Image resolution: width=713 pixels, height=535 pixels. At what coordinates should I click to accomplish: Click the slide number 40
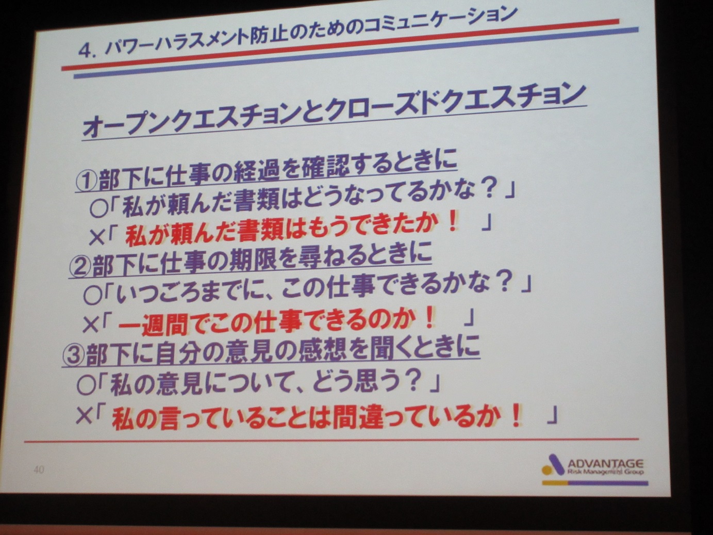pyautogui.click(x=39, y=469)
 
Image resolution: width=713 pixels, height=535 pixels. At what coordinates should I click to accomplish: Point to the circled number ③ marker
pyautogui.click(x=74, y=355)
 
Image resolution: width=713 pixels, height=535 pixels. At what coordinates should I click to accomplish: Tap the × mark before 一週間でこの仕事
pyautogui.click(x=90, y=326)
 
